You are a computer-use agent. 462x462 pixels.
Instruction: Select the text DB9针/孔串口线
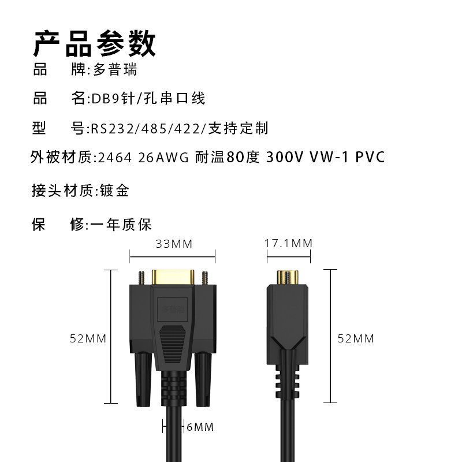(x=148, y=99)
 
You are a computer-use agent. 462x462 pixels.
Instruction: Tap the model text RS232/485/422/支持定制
(x=180, y=128)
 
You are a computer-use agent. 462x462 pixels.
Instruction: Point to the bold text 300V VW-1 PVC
(x=325, y=158)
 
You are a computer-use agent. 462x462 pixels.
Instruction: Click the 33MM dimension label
(x=174, y=244)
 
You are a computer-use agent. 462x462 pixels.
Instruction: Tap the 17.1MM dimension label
(x=288, y=244)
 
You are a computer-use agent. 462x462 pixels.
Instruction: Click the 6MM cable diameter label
(x=200, y=427)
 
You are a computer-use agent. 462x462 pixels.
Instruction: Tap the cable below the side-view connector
(x=287, y=433)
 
